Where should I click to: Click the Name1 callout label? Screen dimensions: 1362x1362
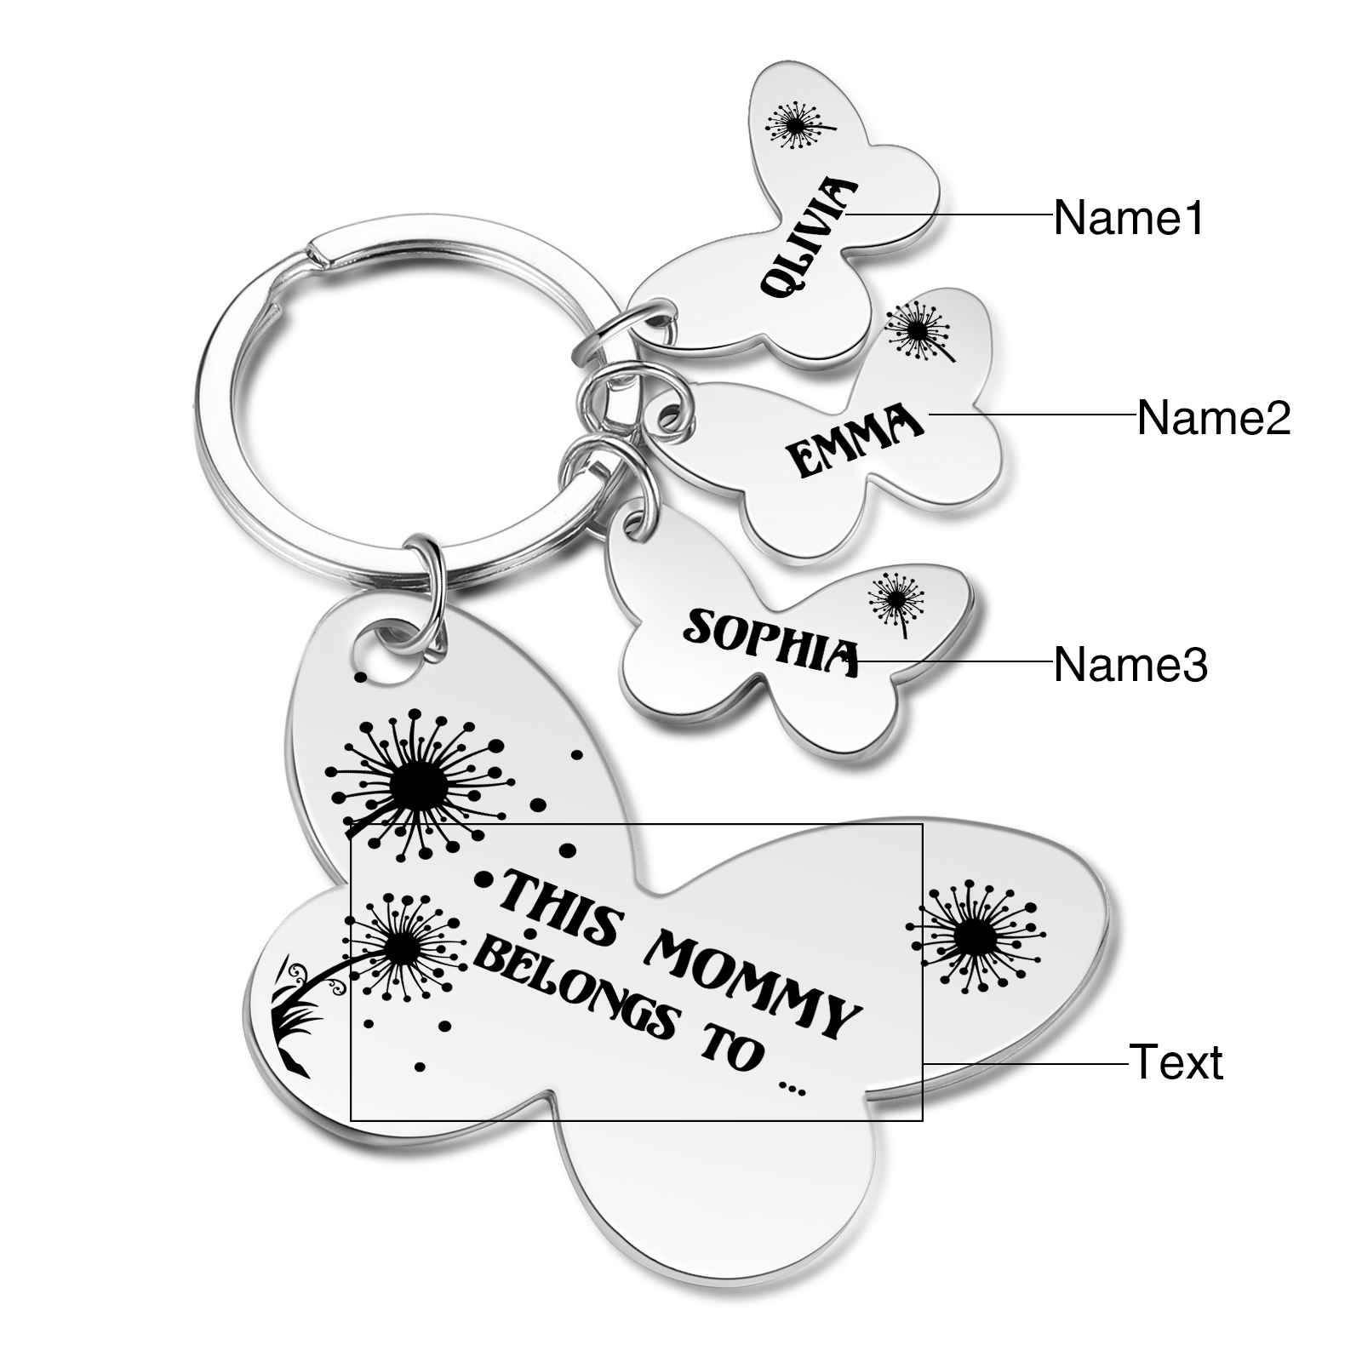tap(1129, 218)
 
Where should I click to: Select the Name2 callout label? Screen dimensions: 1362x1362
tap(1213, 417)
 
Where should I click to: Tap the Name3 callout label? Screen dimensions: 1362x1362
tap(1130, 664)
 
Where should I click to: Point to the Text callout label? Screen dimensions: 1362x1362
tap(1176, 1062)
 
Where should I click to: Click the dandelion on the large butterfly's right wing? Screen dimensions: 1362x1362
tap(973, 939)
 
